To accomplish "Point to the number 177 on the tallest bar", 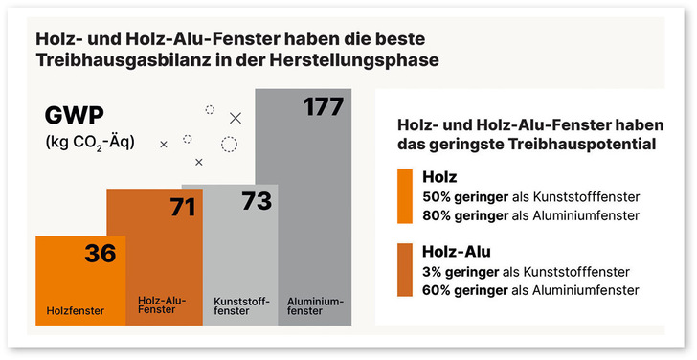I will (323, 106).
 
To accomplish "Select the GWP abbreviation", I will (75, 116).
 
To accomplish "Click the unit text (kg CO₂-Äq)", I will (90, 143).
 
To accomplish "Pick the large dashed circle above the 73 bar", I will (229, 145).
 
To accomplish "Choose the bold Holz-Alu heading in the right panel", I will (456, 252).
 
